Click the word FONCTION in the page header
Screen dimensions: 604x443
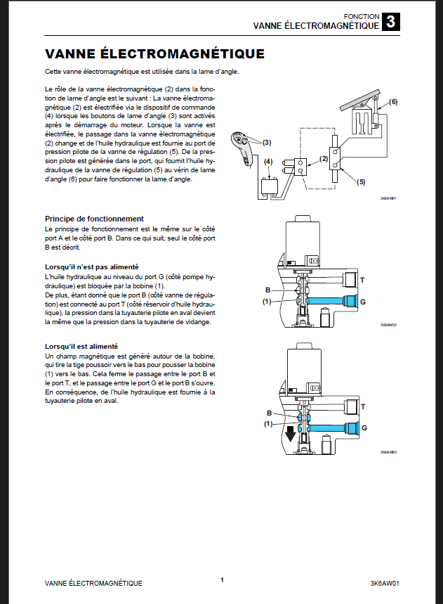click(x=362, y=16)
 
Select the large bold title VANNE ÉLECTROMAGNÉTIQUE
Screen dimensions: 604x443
click(x=154, y=53)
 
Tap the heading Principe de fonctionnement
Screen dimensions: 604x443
click(x=94, y=219)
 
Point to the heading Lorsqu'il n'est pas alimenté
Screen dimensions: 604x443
click(x=91, y=267)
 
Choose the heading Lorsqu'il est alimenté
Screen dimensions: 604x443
click(x=81, y=347)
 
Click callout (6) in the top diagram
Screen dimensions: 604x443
click(x=393, y=102)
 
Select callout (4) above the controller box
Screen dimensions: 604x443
click(x=268, y=162)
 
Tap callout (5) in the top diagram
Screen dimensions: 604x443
click(x=361, y=182)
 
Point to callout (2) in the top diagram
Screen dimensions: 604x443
click(x=324, y=159)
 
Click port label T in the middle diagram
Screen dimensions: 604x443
click(x=362, y=280)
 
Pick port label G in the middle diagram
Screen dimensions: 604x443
click(x=363, y=301)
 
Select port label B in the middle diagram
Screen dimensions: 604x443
click(x=267, y=290)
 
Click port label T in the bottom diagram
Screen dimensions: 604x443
click(x=363, y=406)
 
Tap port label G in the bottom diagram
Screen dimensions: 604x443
click(x=364, y=427)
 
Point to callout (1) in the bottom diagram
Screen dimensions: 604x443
click(x=268, y=424)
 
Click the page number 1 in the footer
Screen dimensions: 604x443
click(x=222, y=579)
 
